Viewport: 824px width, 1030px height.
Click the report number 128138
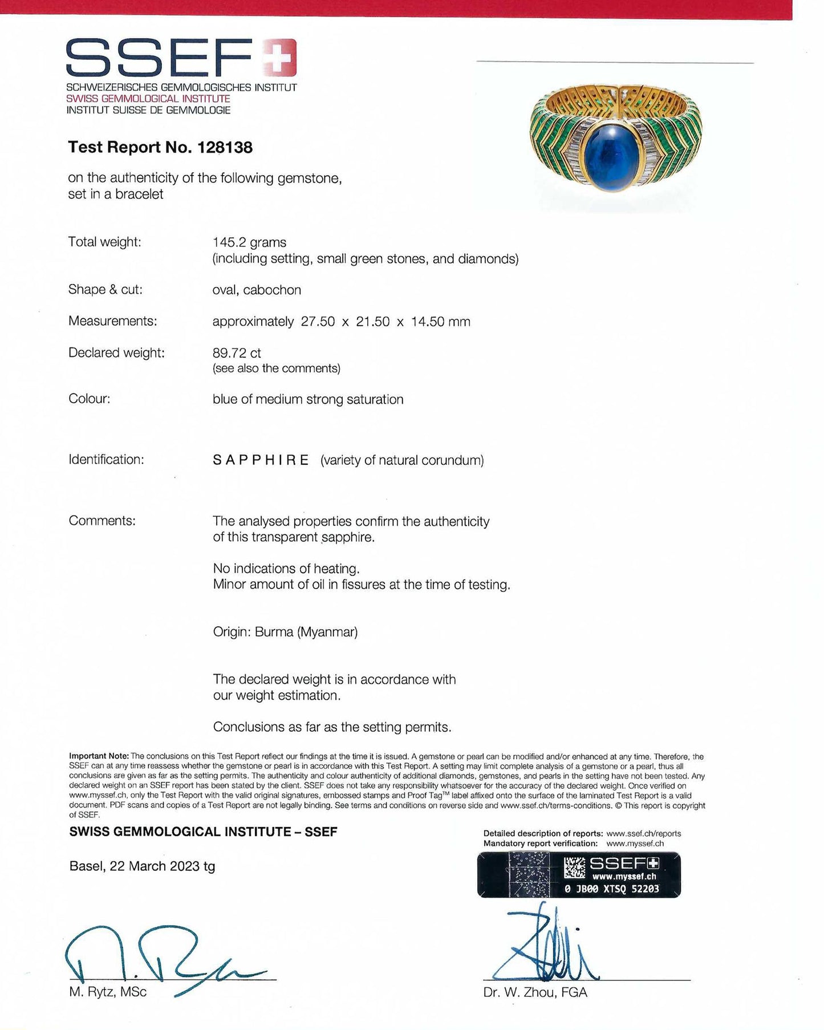(225, 147)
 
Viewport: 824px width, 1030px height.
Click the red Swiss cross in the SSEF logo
(279, 57)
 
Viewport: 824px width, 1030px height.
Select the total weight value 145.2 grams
(249, 242)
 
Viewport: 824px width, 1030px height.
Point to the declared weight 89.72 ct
(237, 353)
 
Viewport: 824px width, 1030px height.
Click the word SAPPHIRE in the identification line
(261, 460)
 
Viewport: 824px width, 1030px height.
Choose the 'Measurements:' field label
(112, 321)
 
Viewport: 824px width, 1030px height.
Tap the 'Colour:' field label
(89, 399)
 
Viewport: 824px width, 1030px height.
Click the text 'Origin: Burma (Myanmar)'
(285, 632)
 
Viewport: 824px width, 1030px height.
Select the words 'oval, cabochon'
(257, 290)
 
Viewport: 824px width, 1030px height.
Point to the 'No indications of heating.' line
(286, 569)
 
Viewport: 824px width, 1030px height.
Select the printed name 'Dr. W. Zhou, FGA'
(535, 993)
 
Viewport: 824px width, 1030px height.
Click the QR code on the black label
(574, 867)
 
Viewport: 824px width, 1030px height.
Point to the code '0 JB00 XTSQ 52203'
(611, 889)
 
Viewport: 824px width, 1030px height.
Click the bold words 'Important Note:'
(99, 756)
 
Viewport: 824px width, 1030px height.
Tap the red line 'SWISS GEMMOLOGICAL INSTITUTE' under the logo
(148, 99)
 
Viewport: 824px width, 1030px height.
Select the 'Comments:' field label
(102, 521)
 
